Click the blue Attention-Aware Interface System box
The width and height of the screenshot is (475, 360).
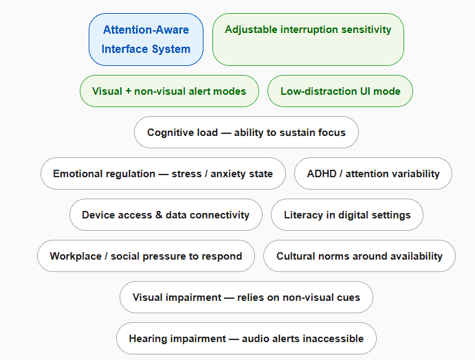point(146,39)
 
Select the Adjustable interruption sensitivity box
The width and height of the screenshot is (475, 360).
point(308,39)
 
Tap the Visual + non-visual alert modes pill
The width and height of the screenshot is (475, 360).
point(169,91)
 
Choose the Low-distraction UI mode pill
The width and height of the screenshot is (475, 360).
point(340,91)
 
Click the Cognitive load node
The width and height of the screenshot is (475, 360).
point(246,133)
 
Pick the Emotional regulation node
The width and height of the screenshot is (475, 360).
point(163,174)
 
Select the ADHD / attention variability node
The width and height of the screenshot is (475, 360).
point(373,174)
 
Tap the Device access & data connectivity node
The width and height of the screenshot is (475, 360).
point(166,215)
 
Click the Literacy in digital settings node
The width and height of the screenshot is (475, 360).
point(347,215)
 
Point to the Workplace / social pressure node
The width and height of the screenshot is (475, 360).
point(146,256)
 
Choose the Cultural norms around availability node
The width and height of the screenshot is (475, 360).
point(360,256)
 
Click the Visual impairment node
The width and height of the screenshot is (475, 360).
point(246,297)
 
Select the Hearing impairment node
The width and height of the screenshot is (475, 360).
point(246,339)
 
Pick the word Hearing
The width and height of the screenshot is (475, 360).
point(148,339)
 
